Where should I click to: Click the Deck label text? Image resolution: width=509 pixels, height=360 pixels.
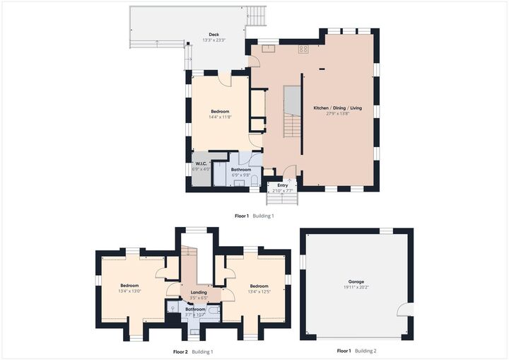pos(213,34)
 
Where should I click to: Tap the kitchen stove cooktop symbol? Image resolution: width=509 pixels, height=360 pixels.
pos(303,49)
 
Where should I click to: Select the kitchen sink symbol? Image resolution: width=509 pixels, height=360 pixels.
pos(269,49)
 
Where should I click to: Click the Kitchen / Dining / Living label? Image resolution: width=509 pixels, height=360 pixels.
pos(338,108)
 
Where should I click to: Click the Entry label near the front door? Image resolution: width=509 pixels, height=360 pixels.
pos(282,185)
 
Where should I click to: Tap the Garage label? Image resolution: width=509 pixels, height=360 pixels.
pos(355,281)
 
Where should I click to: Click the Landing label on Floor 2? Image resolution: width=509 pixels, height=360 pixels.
pos(199,293)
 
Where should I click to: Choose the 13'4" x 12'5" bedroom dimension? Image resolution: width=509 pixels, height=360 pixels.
pos(259,291)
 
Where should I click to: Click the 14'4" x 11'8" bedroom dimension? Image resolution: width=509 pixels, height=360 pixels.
pos(220,117)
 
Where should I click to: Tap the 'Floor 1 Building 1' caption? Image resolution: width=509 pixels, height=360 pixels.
pos(254,216)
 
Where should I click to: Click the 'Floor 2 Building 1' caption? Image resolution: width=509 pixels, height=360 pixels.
pos(193,352)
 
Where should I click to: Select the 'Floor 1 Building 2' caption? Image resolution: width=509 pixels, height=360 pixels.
pos(356,352)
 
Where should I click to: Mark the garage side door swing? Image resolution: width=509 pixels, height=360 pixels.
pos(403,309)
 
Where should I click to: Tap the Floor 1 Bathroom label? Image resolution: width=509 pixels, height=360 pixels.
pos(242,170)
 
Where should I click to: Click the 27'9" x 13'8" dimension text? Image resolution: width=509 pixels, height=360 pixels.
pos(338,114)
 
